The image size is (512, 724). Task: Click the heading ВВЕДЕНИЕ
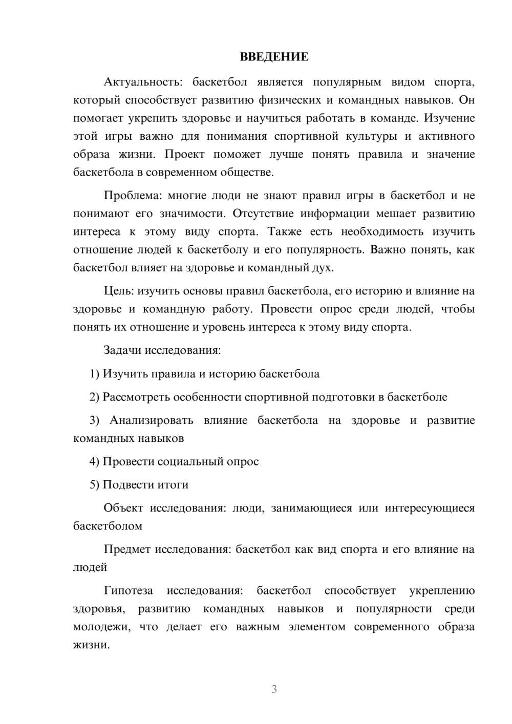(274, 57)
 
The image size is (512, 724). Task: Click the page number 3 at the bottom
(274, 689)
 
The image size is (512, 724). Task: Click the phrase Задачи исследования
(162, 350)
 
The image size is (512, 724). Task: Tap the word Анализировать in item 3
(151, 420)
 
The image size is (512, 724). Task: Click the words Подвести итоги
(145, 484)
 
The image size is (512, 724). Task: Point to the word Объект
(123, 508)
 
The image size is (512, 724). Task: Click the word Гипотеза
(128, 590)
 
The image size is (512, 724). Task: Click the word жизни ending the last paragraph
(91, 645)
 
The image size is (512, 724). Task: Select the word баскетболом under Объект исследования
(108, 526)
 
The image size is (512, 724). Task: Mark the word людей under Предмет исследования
(90, 567)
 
